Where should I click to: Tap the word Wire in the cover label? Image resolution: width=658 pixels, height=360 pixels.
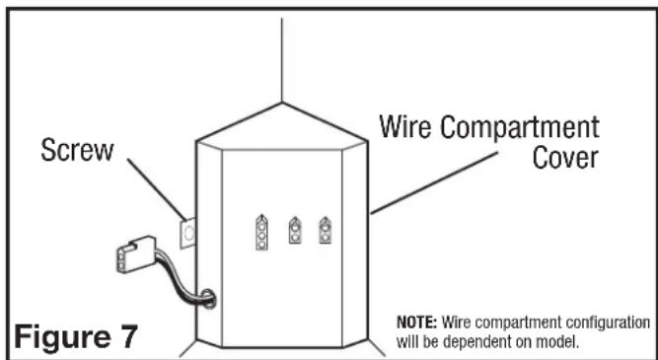(409, 128)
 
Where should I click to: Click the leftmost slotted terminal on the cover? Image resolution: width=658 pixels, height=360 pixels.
(262, 231)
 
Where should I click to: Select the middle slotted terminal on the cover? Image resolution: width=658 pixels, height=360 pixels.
(295, 232)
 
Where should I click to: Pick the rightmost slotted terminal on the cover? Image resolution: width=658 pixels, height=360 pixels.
(325, 231)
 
